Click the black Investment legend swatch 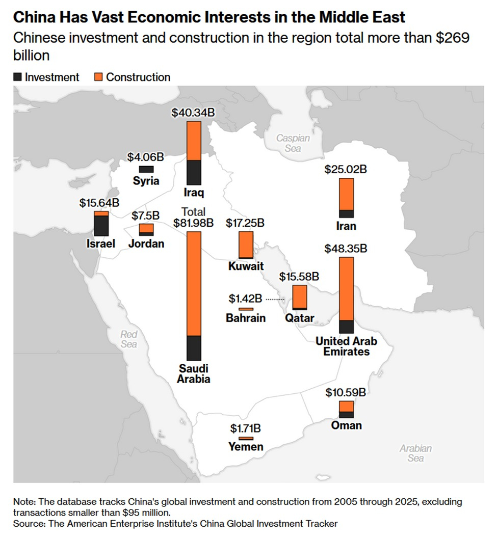(x=18, y=77)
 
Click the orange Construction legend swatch (x=99, y=77)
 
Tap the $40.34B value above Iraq (x=194, y=113)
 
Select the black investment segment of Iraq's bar (x=194, y=173)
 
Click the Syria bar (x=146, y=169)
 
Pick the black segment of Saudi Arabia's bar (x=194, y=348)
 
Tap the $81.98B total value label (x=194, y=223)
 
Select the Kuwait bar (x=246, y=245)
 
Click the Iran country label (x=347, y=226)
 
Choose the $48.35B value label (x=347, y=249)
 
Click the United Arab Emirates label (x=347, y=346)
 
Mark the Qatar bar (x=299, y=297)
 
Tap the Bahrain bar (x=246, y=309)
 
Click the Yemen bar (x=246, y=438)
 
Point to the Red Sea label (x=128, y=339)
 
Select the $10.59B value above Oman (x=347, y=392)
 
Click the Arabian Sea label (x=415, y=453)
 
